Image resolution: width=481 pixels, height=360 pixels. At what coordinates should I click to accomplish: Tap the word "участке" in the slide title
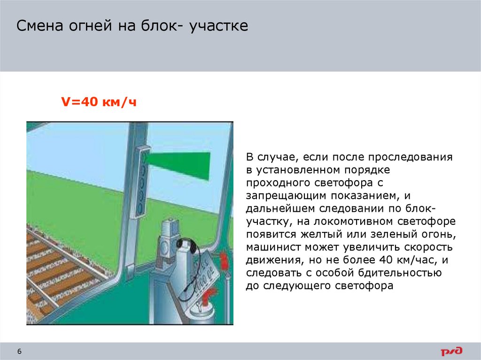[x=218, y=26]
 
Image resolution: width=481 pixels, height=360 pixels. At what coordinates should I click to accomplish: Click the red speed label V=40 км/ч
[x=99, y=102]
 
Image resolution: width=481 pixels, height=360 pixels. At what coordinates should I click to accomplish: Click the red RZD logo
[x=451, y=351]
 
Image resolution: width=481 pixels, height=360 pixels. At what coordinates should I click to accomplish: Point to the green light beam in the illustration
[x=183, y=165]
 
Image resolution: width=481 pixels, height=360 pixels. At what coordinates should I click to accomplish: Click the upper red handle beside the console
[x=224, y=260]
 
